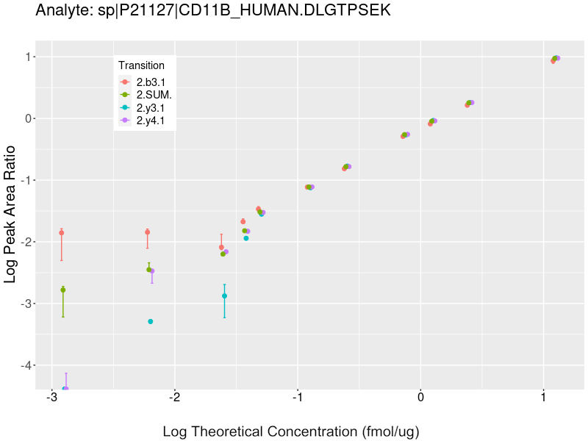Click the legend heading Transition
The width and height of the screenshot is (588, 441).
(141, 65)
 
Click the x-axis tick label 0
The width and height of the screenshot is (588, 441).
(420, 398)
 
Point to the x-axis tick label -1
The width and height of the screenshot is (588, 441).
(297, 398)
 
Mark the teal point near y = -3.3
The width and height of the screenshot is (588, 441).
(151, 321)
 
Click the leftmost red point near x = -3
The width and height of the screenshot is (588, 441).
(62, 233)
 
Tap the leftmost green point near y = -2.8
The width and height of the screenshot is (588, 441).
(63, 290)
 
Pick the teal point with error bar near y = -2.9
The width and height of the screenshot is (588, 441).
(224, 296)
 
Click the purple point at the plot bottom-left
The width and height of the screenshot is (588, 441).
(65, 388)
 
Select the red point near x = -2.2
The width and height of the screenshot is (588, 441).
(148, 232)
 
